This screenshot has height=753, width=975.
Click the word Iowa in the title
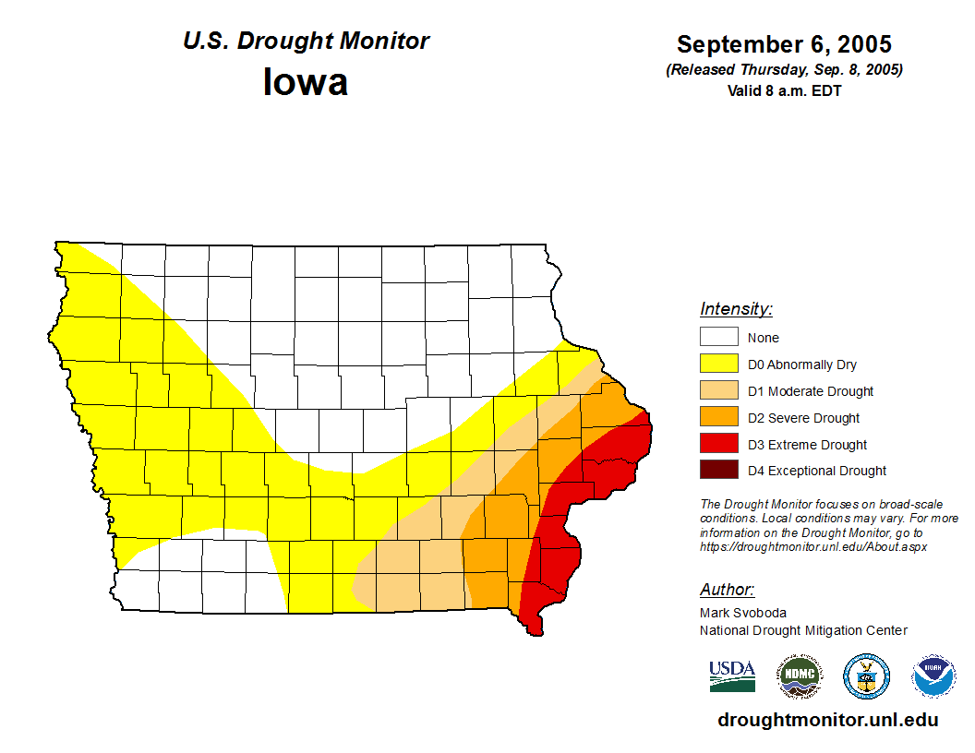306,82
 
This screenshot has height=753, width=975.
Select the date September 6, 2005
784,43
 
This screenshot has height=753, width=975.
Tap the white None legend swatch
718,337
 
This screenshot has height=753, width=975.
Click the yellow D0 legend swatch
718,364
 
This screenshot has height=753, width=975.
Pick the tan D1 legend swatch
718,390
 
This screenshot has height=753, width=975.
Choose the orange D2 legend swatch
718,417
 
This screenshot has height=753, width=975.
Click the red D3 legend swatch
718,444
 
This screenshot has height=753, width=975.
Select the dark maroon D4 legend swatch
718,471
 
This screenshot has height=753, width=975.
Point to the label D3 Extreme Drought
807,445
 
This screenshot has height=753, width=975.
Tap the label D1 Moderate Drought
811,391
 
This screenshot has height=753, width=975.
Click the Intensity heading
736,309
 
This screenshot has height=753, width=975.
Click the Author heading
727,590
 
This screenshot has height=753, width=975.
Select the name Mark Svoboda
742,612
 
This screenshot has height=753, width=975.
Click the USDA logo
732,675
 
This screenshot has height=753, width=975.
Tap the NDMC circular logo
799,676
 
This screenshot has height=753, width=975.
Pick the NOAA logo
933,676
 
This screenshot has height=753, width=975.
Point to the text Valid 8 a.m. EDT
784,90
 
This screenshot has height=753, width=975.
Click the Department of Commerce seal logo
866,676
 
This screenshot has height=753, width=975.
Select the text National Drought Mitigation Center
803,630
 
